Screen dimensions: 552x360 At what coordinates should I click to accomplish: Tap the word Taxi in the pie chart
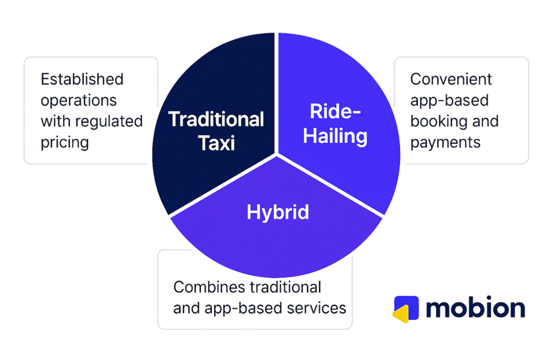(x=217, y=143)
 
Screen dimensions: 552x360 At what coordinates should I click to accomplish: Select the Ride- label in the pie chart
(x=335, y=111)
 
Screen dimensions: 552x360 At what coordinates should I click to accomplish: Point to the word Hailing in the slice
(x=335, y=136)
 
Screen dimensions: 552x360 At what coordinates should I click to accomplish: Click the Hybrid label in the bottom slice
(x=278, y=212)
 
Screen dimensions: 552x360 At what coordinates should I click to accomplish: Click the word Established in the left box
(x=82, y=79)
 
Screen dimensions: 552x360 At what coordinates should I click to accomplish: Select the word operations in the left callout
(x=79, y=101)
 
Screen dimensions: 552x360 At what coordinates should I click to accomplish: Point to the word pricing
(x=65, y=143)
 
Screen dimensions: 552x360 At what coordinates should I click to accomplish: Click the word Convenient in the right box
(x=451, y=79)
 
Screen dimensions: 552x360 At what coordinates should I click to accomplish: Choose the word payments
(x=445, y=143)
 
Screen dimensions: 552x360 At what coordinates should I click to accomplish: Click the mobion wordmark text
(x=475, y=308)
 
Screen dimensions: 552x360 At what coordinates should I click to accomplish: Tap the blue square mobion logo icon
(x=407, y=308)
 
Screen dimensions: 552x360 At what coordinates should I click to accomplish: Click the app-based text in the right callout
(x=450, y=101)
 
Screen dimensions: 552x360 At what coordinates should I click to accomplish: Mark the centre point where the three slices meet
(x=277, y=155)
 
